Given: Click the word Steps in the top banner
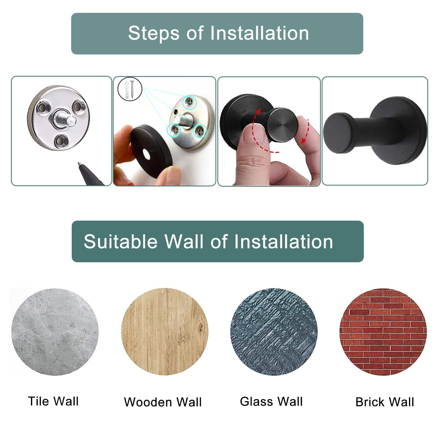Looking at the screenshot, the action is (x=154, y=34).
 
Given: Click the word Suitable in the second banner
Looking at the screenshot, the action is (x=121, y=242).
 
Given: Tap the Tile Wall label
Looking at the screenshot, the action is (x=53, y=401).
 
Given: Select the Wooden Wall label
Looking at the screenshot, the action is (x=163, y=402).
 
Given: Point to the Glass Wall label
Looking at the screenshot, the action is (x=271, y=402).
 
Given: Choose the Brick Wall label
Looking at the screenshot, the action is (x=385, y=402).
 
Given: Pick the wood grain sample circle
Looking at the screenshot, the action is (x=165, y=332).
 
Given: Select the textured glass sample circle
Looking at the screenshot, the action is (x=274, y=332).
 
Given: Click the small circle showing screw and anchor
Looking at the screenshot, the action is (x=130, y=89).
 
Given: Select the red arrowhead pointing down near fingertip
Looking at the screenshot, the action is (x=304, y=140).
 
